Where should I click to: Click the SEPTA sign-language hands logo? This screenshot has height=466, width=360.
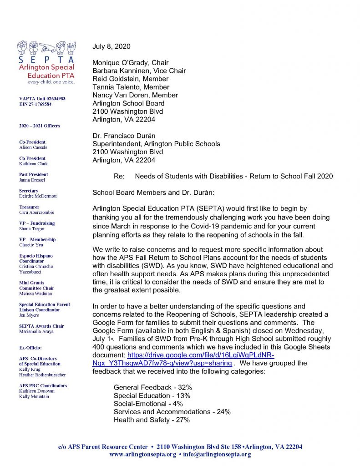(x=46, y=49)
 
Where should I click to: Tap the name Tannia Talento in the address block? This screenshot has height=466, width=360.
(x=131, y=87)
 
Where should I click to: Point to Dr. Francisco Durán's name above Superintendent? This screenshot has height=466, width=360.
(x=128, y=136)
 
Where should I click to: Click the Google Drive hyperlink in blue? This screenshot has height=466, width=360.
(x=182, y=359)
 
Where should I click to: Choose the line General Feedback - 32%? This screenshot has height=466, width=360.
(x=152, y=387)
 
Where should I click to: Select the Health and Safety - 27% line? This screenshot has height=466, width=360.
(x=152, y=420)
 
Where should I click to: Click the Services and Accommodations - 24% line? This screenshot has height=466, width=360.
(x=172, y=412)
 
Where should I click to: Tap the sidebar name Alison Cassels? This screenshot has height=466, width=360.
(x=33, y=147)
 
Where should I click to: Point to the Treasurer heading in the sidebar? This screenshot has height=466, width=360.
(x=29, y=207)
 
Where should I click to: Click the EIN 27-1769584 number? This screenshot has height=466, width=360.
(x=35, y=104)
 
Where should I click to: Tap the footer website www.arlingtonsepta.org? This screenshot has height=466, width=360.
(x=142, y=455)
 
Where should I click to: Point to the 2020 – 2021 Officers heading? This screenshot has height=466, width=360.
(x=40, y=126)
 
